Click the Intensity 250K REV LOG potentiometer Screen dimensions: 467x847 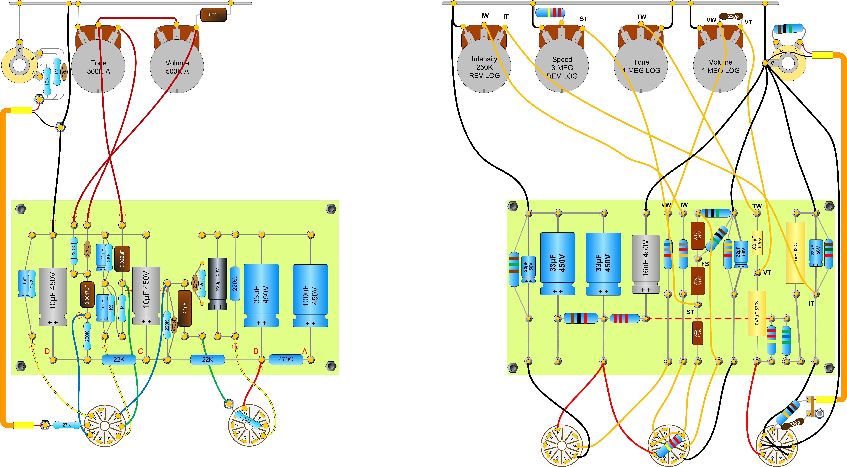coord(484,66)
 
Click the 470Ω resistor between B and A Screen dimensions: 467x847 coord(286,359)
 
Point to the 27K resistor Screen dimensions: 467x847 coord(66,425)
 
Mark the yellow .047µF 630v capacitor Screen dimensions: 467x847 coord(757,313)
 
